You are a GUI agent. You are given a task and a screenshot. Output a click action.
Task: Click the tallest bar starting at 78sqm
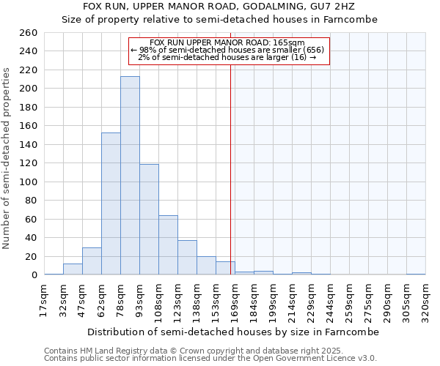pos(130,176)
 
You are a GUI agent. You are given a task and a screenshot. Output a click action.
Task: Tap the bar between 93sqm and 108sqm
pos(149,220)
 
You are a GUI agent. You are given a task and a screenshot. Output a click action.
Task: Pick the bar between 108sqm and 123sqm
pos(168,245)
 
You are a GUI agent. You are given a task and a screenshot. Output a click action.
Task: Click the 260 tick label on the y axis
pos(29,33)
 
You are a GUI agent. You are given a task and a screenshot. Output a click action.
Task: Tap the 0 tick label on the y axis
pos(34,275)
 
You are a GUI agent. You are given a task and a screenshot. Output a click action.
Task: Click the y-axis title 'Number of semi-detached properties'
pos(7,157)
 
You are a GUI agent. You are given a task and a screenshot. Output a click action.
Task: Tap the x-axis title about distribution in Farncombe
pos(232,332)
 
